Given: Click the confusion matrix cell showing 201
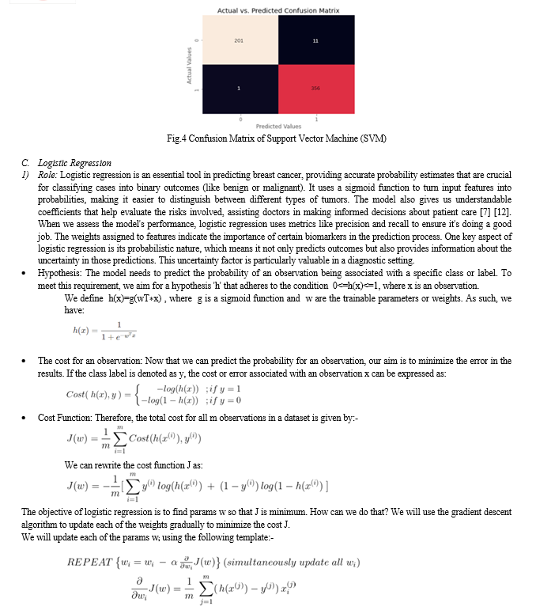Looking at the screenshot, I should click(x=238, y=40).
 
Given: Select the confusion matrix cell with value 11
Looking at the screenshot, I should click(x=315, y=40).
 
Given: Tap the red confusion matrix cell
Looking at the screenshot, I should click(x=315, y=88).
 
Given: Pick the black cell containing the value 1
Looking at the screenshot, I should click(x=238, y=88).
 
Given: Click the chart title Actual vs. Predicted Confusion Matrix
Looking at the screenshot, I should click(x=277, y=9).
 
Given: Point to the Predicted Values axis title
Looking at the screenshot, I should click(x=277, y=127).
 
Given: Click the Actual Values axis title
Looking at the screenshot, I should click(x=189, y=65).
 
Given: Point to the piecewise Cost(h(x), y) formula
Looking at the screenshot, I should click(x=154, y=394).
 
